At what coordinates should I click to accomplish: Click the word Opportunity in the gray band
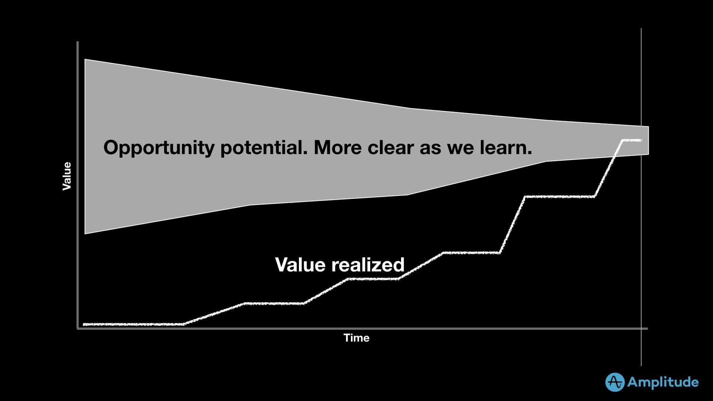[x=159, y=148]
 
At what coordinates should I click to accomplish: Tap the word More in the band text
[x=337, y=147]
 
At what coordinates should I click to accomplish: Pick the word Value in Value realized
[x=300, y=265]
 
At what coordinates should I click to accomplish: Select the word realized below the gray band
[x=368, y=265]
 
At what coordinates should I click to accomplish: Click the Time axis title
[x=356, y=338]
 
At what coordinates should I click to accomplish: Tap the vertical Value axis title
[x=67, y=176]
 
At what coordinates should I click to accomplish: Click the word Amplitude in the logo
[x=663, y=382]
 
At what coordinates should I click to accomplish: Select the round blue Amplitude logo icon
[x=615, y=382]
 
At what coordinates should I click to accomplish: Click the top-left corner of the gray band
[x=85, y=60]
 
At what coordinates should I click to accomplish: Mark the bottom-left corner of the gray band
[x=85, y=233]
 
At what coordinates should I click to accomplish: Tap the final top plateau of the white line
[x=631, y=140]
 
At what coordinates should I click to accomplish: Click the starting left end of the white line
[x=84, y=325]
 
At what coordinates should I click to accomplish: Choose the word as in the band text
[x=430, y=147]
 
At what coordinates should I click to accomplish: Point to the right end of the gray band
[x=648, y=140]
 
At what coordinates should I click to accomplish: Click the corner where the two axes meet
[x=78, y=328]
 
